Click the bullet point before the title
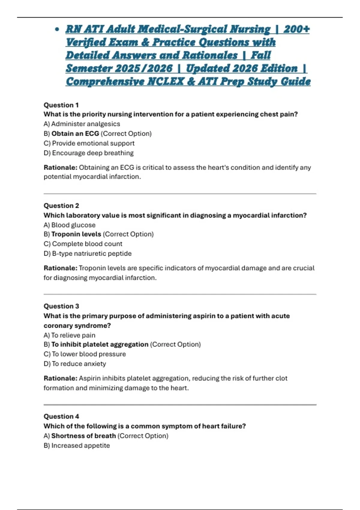57,30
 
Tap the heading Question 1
61,105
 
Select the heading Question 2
61,205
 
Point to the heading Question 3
61,306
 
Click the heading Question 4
61,416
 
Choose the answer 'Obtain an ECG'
75,133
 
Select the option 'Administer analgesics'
85,124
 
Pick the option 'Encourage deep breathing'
93,153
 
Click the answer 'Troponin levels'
76,234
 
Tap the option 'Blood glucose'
73,225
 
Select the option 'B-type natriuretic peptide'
92,253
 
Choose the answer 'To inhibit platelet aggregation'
100,344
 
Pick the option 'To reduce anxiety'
79,364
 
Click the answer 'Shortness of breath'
83,436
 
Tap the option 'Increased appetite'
80,445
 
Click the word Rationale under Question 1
60,167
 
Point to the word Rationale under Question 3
60,378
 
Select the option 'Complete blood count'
87,244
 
